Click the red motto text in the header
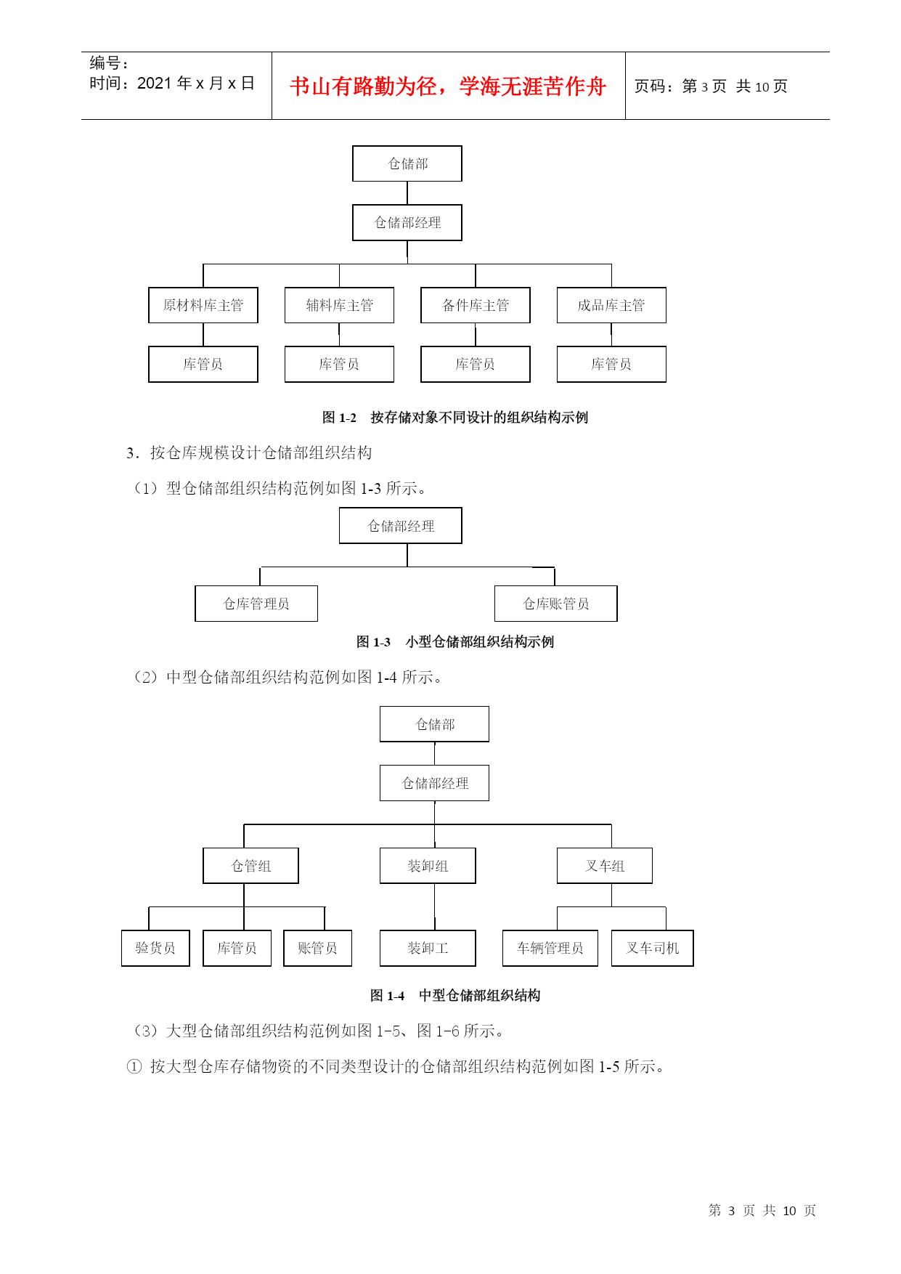pyautogui.click(x=448, y=86)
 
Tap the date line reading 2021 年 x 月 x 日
pyautogui.click(x=172, y=84)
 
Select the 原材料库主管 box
pyautogui.click(x=203, y=305)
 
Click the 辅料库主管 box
pyautogui.click(x=339, y=305)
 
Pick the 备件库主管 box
pyautogui.click(x=476, y=305)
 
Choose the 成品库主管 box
pyautogui.click(x=611, y=305)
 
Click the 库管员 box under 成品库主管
pyautogui.click(x=611, y=364)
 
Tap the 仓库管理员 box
pyautogui.click(x=256, y=604)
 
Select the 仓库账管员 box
pyautogui.click(x=556, y=604)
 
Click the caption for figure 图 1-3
pyautogui.click(x=455, y=642)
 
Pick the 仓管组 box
pyautogui.click(x=251, y=866)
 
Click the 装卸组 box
pyautogui.click(x=428, y=866)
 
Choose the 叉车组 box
pyautogui.click(x=605, y=866)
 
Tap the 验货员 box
pyautogui.click(x=155, y=948)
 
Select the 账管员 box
pyautogui.click(x=317, y=948)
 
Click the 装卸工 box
pyautogui.click(x=428, y=948)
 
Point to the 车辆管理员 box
pyautogui.click(x=550, y=948)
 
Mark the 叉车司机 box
pyautogui.click(x=653, y=948)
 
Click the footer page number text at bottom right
pyautogui.click(x=762, y=1210)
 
